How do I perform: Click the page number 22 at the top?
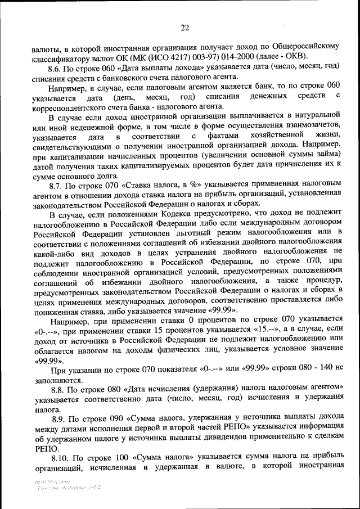pos(184,27)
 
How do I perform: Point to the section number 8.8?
pos(58,388)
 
